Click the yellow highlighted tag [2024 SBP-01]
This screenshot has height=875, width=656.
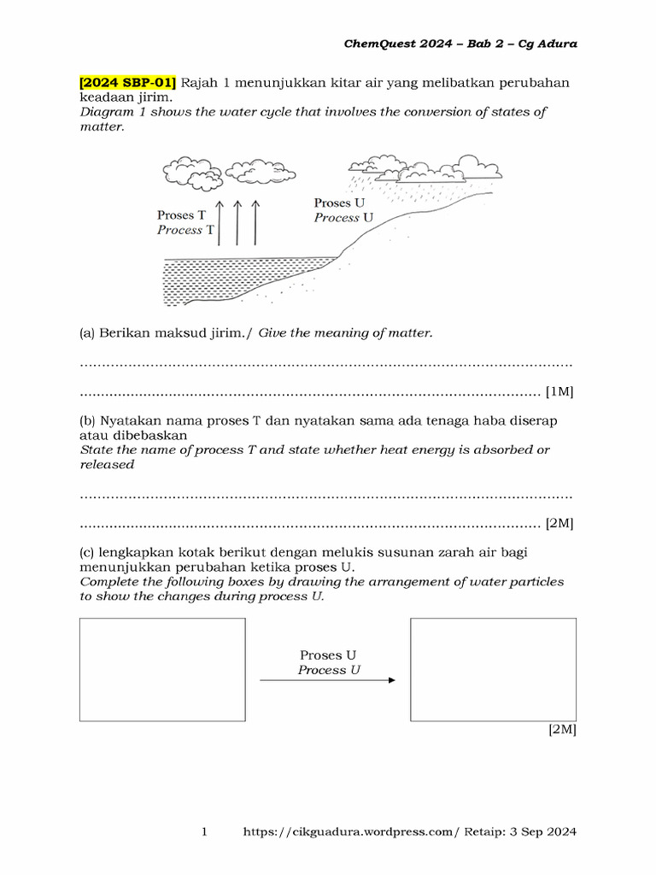(x=128, y=83)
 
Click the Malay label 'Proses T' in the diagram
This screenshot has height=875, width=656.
(x=181, y=215)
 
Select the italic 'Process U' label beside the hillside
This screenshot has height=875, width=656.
(x=343, y=218)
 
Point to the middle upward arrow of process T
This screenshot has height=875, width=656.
(x=237, y=224)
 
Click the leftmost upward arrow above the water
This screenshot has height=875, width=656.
(x=219, y=224)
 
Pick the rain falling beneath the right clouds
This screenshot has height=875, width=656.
(x=376, y=186)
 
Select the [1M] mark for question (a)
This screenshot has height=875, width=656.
(x=559, y=392)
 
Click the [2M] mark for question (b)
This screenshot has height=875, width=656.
(x=559, y=523)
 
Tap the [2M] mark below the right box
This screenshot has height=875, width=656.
(x=562, y=731)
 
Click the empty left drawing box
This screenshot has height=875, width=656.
(x=162, y=669)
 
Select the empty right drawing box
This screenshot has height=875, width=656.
(x=493, y=669)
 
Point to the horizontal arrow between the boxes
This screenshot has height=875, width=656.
(x=327, y=680)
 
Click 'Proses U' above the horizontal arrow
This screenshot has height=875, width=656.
(x=328, y=655)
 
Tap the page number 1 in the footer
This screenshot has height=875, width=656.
(x=204, y=831)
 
